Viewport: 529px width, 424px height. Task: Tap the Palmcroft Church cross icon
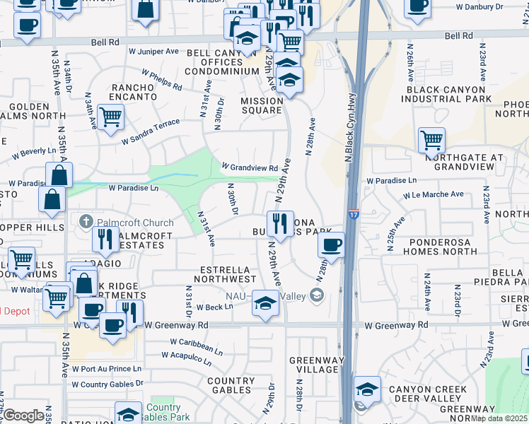86,222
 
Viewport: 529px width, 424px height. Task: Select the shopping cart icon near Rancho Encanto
110,117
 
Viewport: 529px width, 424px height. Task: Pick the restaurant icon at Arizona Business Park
280,224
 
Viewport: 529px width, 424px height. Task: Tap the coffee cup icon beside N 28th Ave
331,246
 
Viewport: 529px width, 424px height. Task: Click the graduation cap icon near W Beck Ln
265,304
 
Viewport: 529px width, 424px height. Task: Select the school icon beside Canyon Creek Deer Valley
367,389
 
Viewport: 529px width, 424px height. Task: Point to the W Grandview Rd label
249,168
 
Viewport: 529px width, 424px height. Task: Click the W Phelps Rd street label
161,78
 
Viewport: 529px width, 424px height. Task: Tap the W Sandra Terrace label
151,131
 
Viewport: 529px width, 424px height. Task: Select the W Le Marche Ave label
434,194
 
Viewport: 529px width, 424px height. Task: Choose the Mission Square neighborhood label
262,105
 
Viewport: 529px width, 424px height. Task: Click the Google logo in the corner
24,415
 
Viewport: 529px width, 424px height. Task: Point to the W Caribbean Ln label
196,347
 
